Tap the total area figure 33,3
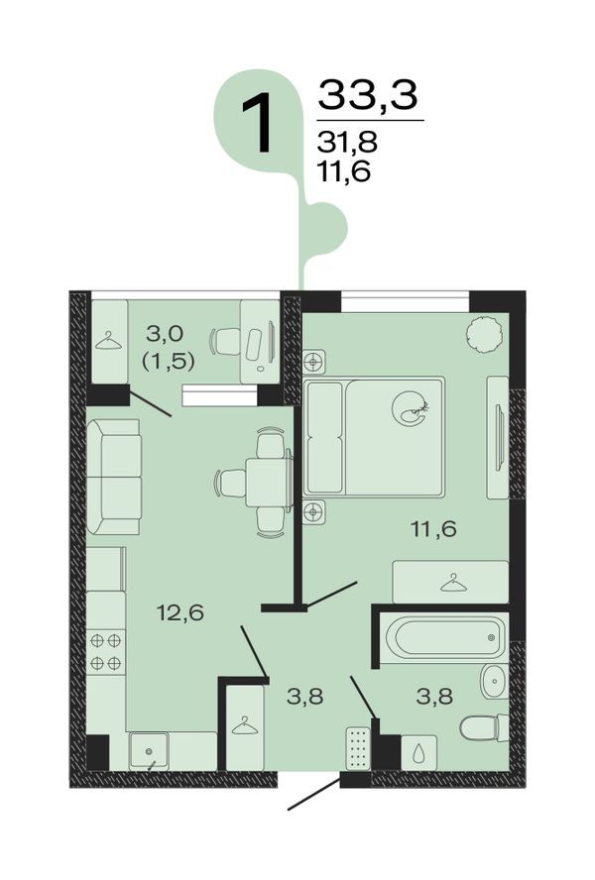click(368, 95)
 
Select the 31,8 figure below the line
click(347, 143)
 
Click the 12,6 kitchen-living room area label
click(180, 612)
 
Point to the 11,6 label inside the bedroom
click(433, 528)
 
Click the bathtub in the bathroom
click(444, 638)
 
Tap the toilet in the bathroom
click(484, 728)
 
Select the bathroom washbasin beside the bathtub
click(495, 682)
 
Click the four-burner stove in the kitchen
click(106, 652)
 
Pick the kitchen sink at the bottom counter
click(149, 750)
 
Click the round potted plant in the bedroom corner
click(483, 335)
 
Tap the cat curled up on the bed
click(411, 408)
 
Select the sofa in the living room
click(113, 477)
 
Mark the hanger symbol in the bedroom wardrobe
click(453, 583)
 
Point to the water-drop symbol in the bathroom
click(418, 753)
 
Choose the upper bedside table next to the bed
click(314, 362)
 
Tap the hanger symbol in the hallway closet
click(244, 725)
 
